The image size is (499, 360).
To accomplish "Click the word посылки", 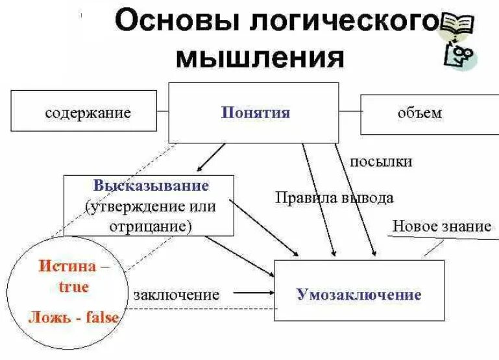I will click(382, 162).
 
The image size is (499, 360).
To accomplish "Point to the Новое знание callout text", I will click(441, 226).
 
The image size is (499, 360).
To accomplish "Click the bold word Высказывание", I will click(151, 186).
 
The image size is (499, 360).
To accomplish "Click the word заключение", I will click(176, 294).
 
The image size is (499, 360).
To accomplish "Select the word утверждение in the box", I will click(134, 206).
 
